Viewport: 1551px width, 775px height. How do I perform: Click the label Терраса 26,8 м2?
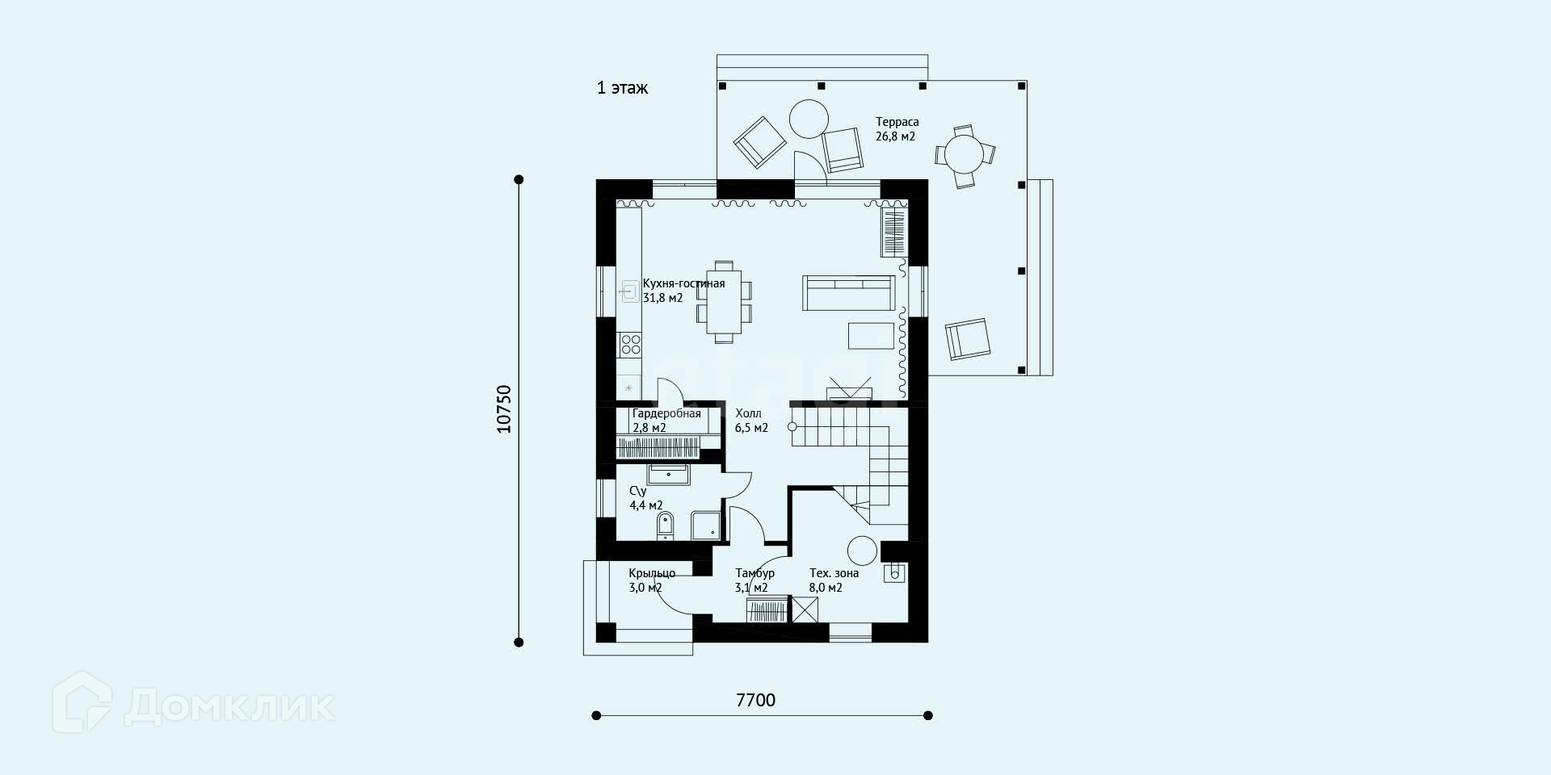pos(897,129)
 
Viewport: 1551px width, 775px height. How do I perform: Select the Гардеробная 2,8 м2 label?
pos(666,421)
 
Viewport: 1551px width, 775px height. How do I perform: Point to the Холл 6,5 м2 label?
pos(751,421)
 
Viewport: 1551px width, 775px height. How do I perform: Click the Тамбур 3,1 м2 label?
pos(754,580)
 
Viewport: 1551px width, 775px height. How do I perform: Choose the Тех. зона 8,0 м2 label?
pos(834,580)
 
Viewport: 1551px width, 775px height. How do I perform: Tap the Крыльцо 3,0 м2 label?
pos(652,580)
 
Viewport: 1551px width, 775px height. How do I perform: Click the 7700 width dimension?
pos(755,700)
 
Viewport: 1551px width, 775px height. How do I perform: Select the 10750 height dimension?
pos(504,409)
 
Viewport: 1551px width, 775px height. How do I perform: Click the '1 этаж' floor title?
pos(622,88)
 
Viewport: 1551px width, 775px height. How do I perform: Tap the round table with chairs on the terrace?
pos(965,156)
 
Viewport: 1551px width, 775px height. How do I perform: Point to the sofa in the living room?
pos(849,293)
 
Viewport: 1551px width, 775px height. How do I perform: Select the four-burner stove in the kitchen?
pos(630,346)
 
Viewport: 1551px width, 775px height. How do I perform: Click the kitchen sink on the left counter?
pos(630,291)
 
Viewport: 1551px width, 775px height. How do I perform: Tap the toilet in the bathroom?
pos(665,525)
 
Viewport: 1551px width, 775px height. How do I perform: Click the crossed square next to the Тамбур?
pos(805,610)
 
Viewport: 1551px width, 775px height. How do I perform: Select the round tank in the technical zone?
pos(862,551)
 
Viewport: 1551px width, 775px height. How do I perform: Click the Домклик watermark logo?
pos(194,703)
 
